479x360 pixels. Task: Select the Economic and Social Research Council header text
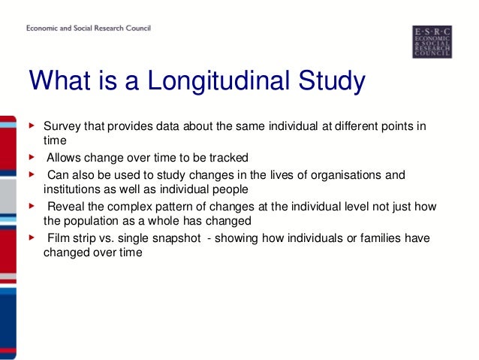[89, 29]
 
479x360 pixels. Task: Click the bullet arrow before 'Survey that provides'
[31, 124]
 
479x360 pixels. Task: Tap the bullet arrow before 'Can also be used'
[31, 174]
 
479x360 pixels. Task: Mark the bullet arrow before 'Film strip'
[31, 238]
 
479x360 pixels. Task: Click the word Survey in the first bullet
[62, 125]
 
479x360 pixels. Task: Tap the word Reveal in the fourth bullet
[64, 206]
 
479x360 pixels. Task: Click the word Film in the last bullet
[58, 238]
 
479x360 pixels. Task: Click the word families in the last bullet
[372, 238]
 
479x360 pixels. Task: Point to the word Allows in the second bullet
[64, 158]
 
